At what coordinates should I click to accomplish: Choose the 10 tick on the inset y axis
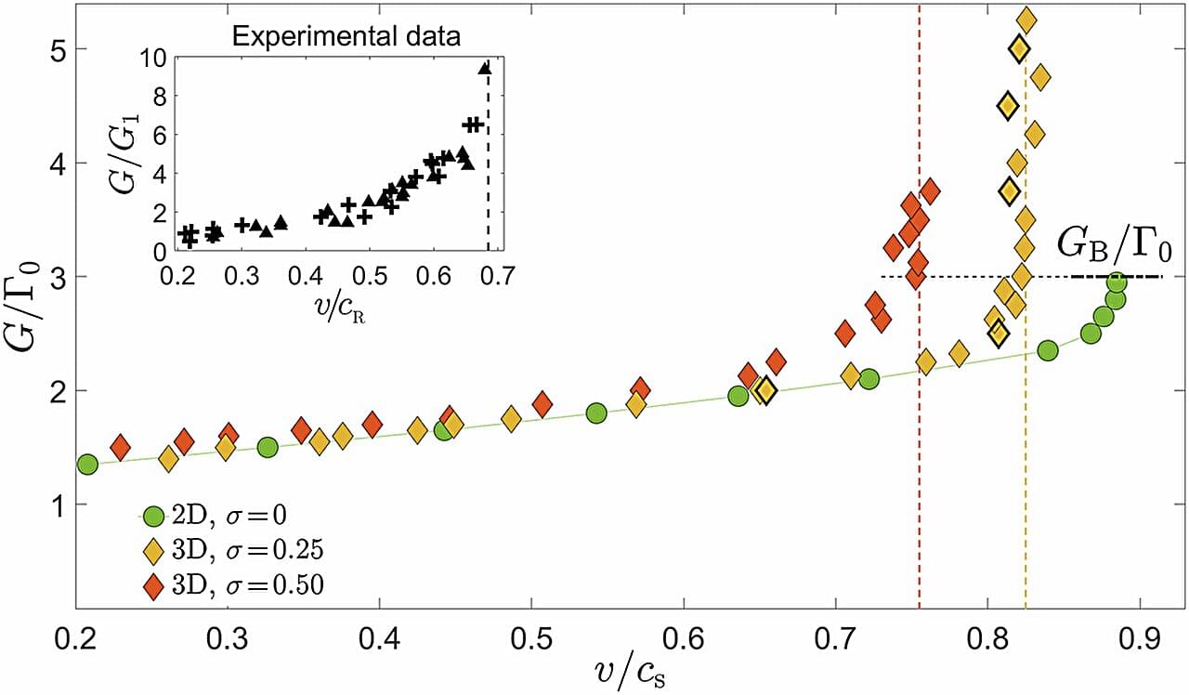point(155,57)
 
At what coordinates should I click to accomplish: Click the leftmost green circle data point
point(87,464)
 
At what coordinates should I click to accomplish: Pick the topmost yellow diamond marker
point(1027,20)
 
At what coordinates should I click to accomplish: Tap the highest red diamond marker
point(930,191)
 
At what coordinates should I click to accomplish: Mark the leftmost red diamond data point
point(120,447)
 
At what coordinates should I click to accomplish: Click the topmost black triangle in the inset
point(484,67)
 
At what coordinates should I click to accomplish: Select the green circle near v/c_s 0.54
point(596,413)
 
